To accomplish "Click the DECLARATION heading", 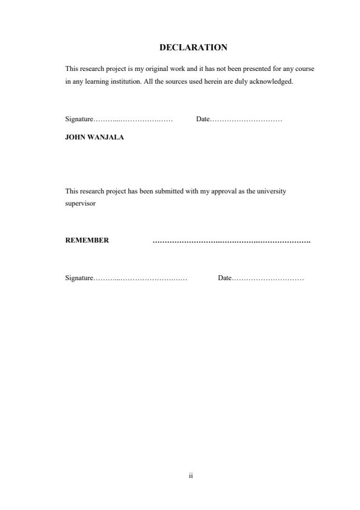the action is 193,47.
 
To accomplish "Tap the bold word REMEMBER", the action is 87,240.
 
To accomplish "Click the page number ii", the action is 190,476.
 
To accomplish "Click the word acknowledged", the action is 273,81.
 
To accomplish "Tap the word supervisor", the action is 80,203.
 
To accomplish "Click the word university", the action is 271,191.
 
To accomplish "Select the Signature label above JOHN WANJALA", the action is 79,119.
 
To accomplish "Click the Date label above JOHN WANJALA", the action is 202,119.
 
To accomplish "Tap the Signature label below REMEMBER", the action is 79,278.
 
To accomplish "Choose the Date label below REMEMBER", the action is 224,278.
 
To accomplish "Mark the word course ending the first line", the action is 304,69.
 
